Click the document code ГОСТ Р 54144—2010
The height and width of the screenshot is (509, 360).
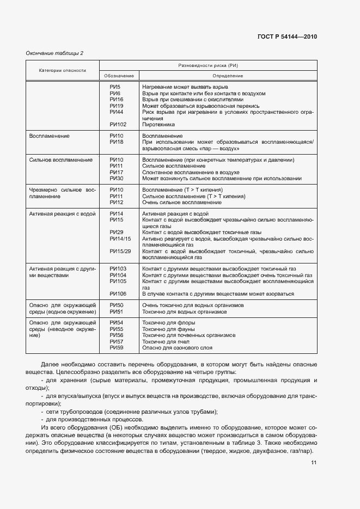(286, 37)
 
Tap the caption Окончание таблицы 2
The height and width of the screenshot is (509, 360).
(54, 53)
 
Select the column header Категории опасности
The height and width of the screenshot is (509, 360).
(62, 70)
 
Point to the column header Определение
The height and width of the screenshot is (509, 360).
(227, 76)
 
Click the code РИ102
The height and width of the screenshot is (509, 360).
(118, 124)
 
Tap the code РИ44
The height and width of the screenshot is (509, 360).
(117, 112)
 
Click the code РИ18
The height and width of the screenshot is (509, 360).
(117, 142)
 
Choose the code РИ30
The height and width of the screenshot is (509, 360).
(117, 179)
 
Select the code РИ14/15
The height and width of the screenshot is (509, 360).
(120, 238)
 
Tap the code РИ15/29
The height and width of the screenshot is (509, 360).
(120, 251)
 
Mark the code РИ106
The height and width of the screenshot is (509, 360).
(118, 294)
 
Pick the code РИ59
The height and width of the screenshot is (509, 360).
(117, 347)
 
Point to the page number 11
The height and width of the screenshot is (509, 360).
(314, 463)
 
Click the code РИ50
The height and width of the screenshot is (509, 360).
(117, 306)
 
